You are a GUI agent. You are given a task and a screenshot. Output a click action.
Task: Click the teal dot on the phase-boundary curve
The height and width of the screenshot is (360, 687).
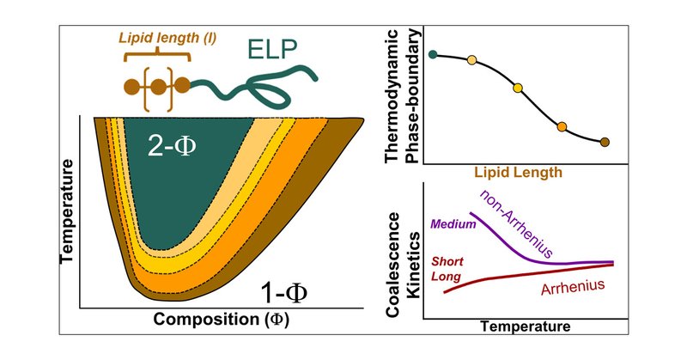coord(433,54)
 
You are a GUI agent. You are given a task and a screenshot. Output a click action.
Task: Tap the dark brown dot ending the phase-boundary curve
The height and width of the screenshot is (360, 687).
coord(605,142)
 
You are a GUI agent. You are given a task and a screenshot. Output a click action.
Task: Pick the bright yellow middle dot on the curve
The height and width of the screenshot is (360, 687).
coord(517,88)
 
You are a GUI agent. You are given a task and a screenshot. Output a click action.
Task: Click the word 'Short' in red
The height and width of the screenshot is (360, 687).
coord(447,260)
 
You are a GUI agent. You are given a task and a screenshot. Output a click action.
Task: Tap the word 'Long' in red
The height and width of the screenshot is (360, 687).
coord(444,277)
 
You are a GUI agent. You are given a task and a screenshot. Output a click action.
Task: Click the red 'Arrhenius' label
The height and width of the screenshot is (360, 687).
coord(576,286)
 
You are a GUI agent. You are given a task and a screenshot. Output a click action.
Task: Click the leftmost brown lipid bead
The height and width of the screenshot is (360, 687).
coord(131,86)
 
